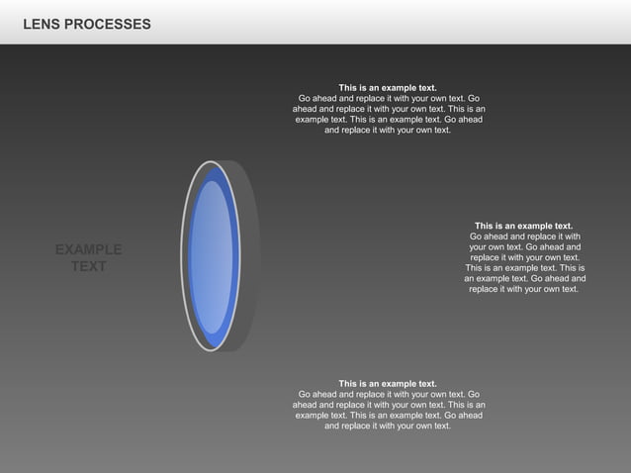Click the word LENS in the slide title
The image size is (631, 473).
pyautogui.click(x=41, y=24)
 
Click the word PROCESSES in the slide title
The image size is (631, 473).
pyautogui.click(x=108, y=24)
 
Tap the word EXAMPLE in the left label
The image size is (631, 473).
pyautogui.click(x=89, y=250)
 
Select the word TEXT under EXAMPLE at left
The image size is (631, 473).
pyautogui.click(x=89, y=267)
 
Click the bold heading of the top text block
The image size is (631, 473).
pyautogui.click(x=388, y=88)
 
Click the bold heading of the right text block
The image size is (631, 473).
pyautogui.click(x=524, y=226)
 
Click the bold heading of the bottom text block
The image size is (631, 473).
pyautogui.click(x=388, y=384)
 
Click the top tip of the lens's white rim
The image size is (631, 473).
pyautogui.click(x=211, y=162)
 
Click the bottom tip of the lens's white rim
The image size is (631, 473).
pyautogui.click(x=211, y=350)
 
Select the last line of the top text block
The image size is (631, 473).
pyautogui.click(x=388, y=130)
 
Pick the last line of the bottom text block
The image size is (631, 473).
pyautogui.click(x=388, y=426)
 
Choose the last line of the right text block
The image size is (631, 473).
pyautogui.click(x=524, y=289)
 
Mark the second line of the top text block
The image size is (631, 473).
pyautogui.click(x=389, y=99)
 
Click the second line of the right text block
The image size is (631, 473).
pyautogui.click(x=524, y=236)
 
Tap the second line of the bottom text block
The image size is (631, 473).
pyautogui.click(x=389, y=395)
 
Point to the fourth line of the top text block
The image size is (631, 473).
pyautogui.click(x=389, y=120)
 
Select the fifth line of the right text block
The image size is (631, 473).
pyautogui.click(x=524, y=268)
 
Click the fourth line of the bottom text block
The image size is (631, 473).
pyautogui.click(x=389, y=416)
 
